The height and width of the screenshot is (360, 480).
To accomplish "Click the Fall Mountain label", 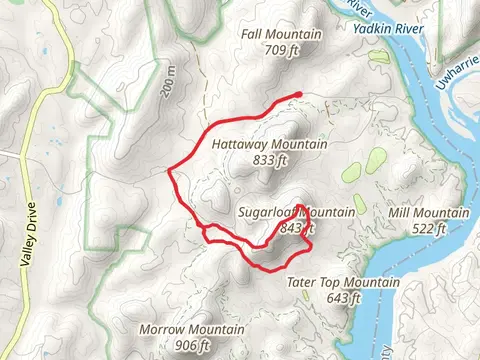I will click(x=281, y=35).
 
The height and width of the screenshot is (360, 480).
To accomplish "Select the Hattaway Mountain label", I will click(x=270, y=144).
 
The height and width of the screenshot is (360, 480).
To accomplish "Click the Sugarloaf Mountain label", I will click(x=298, y=213).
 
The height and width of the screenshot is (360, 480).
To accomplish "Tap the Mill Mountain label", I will click(x=427, y=213).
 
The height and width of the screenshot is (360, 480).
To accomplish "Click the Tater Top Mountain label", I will click(x=343, y=283).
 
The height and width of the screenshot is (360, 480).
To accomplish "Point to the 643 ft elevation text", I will click(x=343, y=298).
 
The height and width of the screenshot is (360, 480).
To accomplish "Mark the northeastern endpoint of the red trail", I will click(x=299, y=95).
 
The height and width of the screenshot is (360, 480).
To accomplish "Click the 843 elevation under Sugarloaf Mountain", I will click(x=291, y=228).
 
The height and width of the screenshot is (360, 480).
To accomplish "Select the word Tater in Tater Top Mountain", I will click(x=302, y=283).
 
